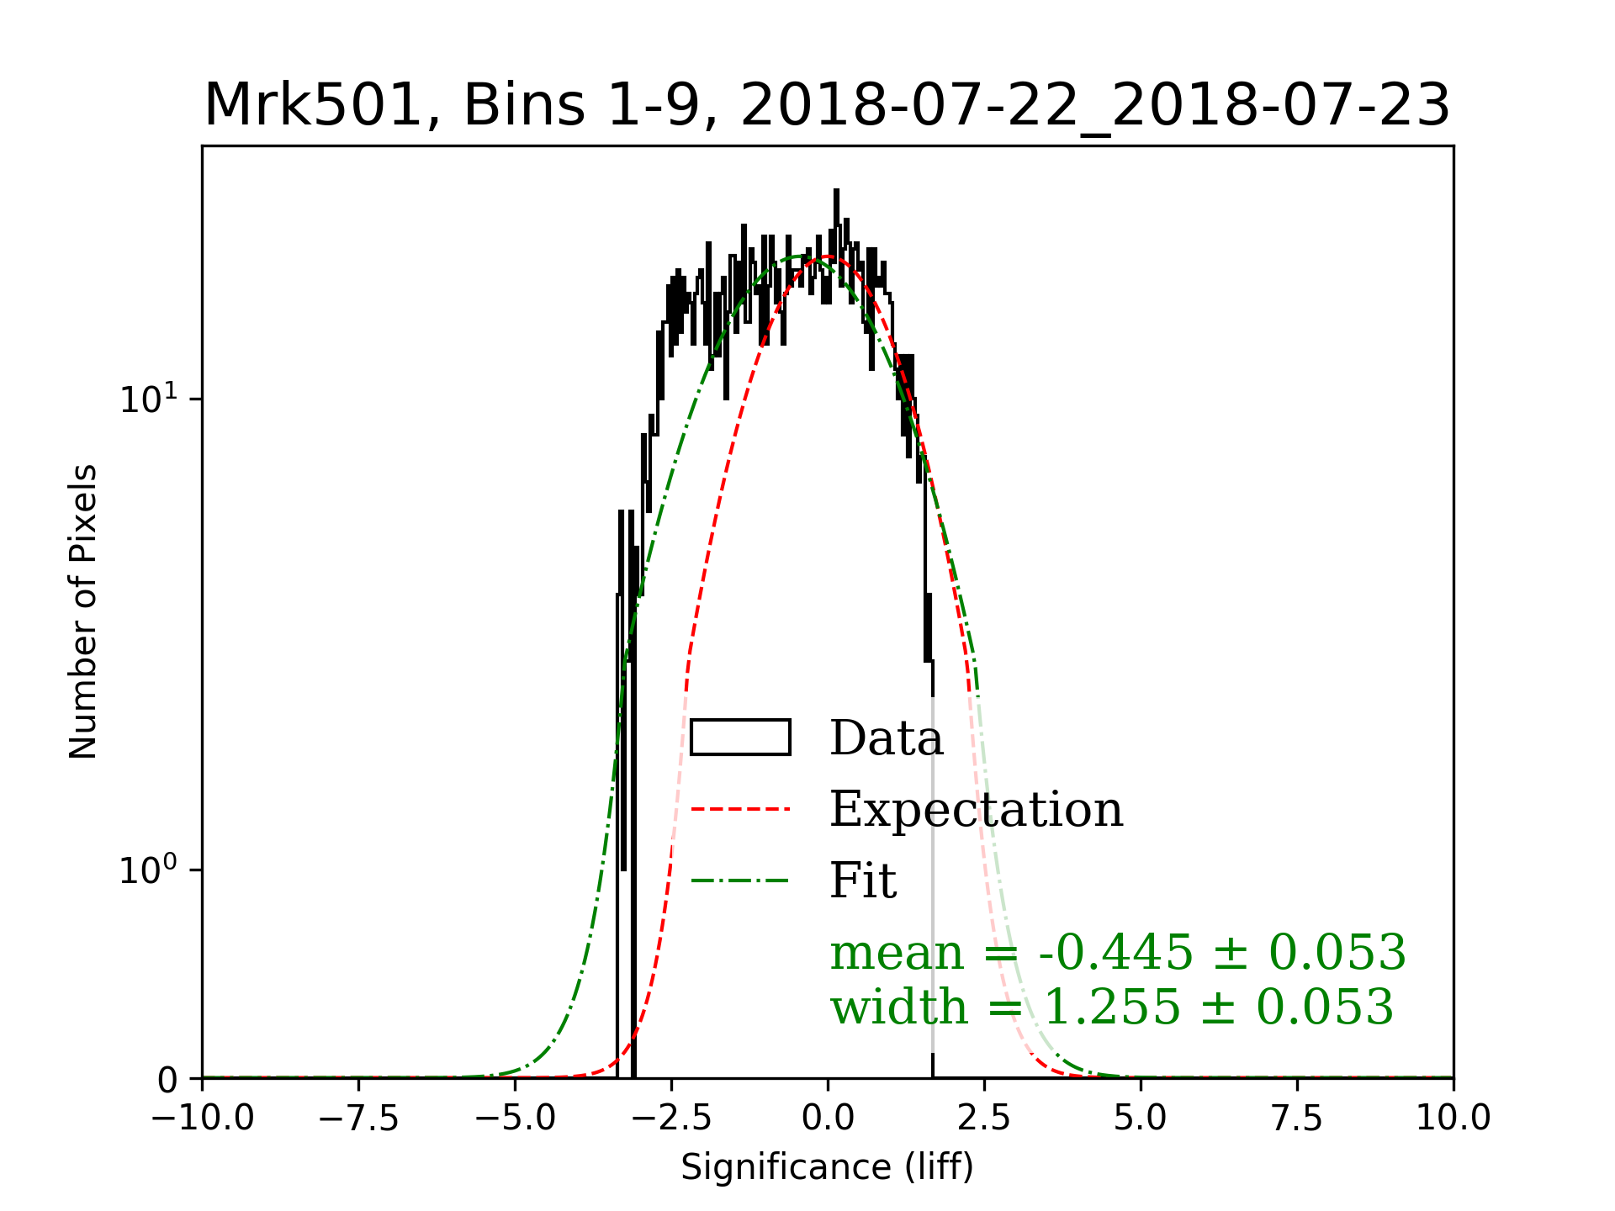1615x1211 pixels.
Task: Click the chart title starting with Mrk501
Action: (x=827, y=106)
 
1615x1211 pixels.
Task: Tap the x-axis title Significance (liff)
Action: (x=827, y=1167)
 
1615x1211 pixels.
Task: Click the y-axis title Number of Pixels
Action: (x=83, y=611)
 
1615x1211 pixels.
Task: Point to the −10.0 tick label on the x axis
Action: (x=203, y=1118)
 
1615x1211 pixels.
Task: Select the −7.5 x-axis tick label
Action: (x=359, y=1118)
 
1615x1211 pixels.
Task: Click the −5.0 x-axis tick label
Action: (x=515, y=1118)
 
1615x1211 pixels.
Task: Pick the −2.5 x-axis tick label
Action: (x=671, y=1118)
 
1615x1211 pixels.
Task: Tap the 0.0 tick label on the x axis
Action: (x=828, y=1118)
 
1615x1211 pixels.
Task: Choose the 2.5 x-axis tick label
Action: (x=984, y=1118)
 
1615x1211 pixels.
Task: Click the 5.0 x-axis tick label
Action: (x=1141, y=1118)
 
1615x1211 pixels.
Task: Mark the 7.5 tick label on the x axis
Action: (x=1297, y=1118)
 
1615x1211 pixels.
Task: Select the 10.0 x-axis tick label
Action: (x=1453, y=1118)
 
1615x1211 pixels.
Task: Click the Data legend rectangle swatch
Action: (x=740, y=738)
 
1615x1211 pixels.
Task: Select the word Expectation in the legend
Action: (x=976, y=810)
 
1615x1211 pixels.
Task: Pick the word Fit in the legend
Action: (x=863, y=881)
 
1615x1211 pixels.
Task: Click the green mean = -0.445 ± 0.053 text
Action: (x=1118, y=953)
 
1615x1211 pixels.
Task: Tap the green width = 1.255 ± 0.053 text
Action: (x=1112, y=1007)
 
